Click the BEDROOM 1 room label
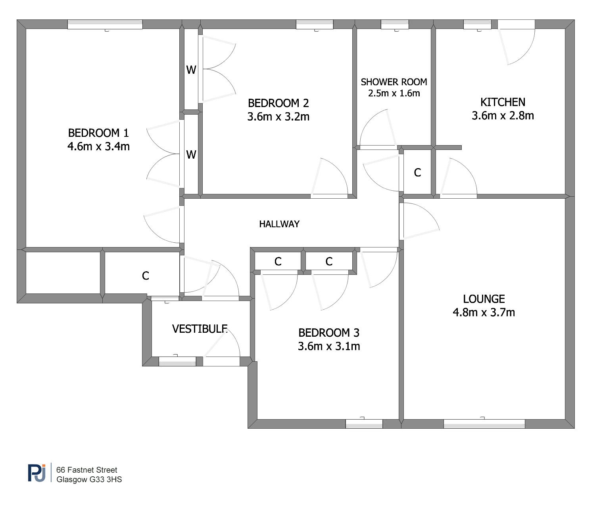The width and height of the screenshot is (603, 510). [98, 133]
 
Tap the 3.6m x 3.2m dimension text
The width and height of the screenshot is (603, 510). [278, 117]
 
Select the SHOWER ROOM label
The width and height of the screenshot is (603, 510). [394, 82]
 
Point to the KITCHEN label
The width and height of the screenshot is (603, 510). [503, 102]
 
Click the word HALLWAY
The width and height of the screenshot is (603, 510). [279, 224]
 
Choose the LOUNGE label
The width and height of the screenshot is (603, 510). [484, 299]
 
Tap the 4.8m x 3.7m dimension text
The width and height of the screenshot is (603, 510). [484, 313]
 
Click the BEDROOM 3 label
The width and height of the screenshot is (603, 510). [329, 333]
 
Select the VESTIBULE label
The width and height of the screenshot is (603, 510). [200, 329]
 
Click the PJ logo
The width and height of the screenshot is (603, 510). [37, 473]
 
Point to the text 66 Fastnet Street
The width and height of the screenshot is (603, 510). [86, 470]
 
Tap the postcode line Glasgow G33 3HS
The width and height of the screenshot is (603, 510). [89, 479]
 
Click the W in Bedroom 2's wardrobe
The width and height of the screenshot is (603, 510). [191, 70]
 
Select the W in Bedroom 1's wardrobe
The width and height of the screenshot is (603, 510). [191, 155]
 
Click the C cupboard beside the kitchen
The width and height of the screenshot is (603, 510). [417, 173]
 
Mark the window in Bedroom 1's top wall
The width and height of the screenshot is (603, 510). [105, 25]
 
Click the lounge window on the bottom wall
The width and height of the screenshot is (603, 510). [484, 424]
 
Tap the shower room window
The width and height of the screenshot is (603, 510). [395, 25]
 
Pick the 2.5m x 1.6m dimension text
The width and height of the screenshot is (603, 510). [394, 93]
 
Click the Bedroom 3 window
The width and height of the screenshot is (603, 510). [364, 424]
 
